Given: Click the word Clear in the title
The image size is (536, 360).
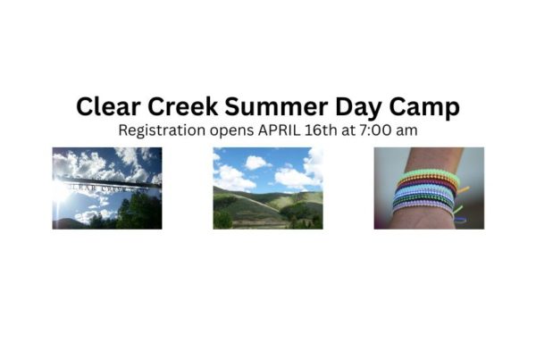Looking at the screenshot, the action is [x=108, y=106].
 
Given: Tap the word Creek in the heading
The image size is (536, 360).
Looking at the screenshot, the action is [x=183, y=106].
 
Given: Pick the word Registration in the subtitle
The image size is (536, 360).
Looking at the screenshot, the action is [x=162, y=130].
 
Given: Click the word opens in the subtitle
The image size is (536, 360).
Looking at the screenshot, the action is [x=231, y=131].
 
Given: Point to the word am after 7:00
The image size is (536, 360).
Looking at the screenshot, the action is [x=406, y=131].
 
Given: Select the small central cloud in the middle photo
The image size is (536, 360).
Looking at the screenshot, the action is [x=257, y=163].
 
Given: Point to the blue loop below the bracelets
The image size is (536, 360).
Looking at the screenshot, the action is [x=460, y=220].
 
